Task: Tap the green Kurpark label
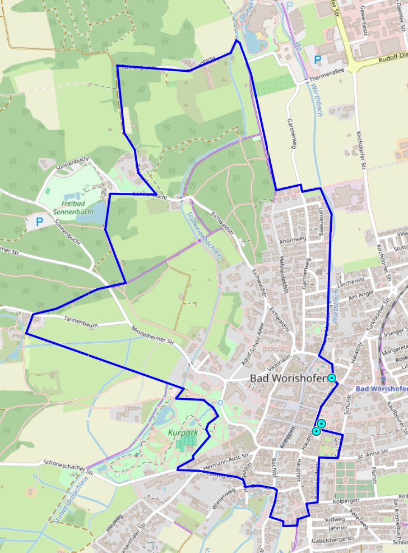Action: [x=180, y=433]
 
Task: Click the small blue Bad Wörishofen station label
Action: [x=381, y=389]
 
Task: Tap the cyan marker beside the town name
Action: [x=332, y=378]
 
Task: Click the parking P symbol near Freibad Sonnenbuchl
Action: [x=39, y=222]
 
